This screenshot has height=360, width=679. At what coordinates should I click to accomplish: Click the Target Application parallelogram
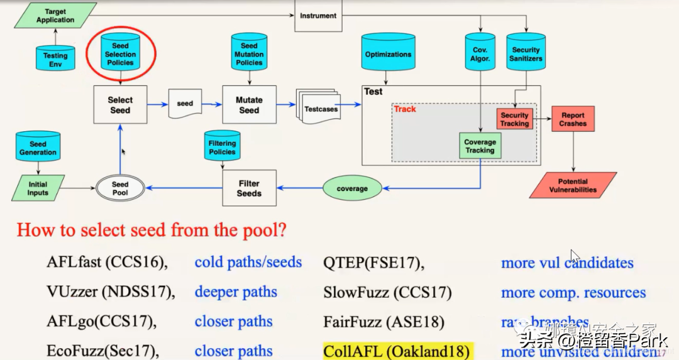[55, 16]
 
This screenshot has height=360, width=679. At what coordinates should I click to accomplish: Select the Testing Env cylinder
[55, 58]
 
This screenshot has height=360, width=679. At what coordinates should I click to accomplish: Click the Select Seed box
[120, 104]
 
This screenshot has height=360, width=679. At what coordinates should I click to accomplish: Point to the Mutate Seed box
[249, 104]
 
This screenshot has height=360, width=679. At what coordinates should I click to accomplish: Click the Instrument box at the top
[318, 16]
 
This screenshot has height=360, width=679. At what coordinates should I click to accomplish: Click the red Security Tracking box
[514, 119]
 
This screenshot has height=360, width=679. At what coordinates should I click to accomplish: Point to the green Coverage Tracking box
[480, 146]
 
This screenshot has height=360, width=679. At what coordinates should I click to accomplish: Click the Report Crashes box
[573, 119]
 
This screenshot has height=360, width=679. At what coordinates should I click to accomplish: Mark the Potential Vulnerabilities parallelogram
[573, 185]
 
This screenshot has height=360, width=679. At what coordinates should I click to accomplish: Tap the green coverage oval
[352, 188]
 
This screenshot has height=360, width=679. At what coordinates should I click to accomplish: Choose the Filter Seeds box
[249, 188]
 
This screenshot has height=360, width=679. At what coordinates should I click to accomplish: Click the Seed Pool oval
[120, 188]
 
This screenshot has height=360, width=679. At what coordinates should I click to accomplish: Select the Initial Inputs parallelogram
[38, 188]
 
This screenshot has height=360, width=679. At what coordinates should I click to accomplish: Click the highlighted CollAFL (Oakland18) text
[397, 351]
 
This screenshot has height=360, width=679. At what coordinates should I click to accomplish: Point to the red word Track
[405, 109]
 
